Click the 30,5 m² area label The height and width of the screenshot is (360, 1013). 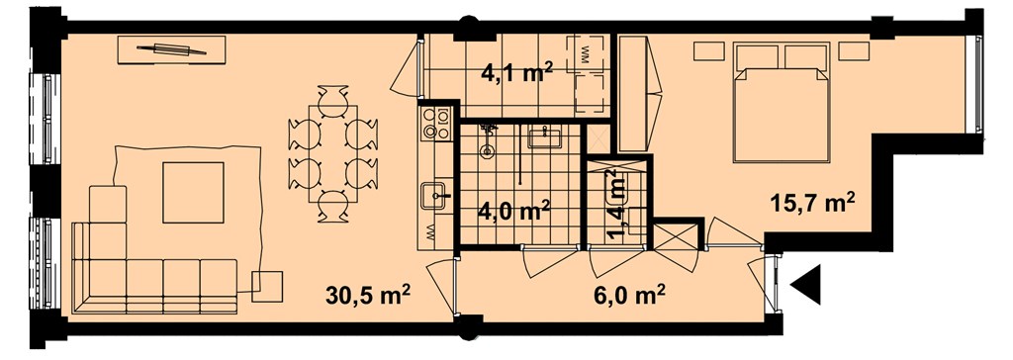point(368,296)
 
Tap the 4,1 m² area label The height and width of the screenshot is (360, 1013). point(516,70)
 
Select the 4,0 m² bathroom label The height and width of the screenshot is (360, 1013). point(513,210)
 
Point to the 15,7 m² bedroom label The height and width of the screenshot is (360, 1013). point(812,203)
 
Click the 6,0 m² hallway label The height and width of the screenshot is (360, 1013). point(630,297)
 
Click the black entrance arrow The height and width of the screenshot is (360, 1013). point(805,285)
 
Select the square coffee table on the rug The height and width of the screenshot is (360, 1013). point(193,193)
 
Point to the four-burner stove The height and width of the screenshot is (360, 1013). point(435,124)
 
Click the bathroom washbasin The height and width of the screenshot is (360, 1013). point(545,137)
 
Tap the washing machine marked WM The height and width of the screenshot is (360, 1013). point(586,53)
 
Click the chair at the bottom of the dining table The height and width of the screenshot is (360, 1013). point(333,206)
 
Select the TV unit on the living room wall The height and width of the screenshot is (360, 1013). point(171,49)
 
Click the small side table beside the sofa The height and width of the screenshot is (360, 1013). point(267,287)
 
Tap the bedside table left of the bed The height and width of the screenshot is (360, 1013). point(708,50)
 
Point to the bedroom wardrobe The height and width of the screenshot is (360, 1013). point(634,94)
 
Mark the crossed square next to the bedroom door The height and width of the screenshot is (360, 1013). point(676,236)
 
